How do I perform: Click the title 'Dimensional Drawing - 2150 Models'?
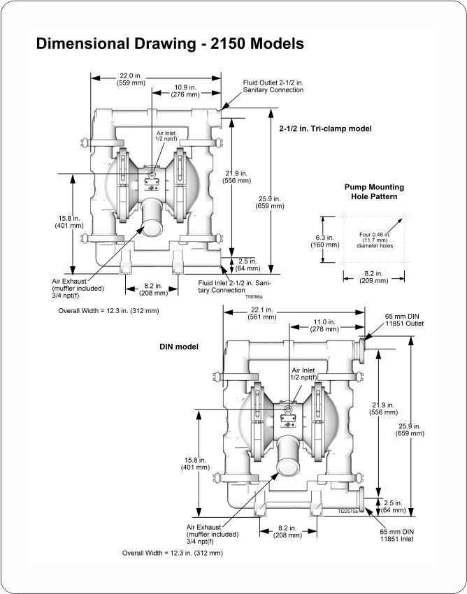tap(170, 44)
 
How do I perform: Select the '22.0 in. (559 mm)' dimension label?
tap(131, 79)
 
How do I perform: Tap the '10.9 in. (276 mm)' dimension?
tap(185, 91)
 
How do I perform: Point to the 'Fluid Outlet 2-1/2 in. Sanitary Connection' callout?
tap(273, 87)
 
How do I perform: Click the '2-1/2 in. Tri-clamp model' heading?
tap(326, 129)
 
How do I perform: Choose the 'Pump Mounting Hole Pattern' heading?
tap(374, 191)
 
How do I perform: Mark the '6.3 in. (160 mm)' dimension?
tap(325, 241)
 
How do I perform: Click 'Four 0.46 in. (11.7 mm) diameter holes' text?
tap(375, 240)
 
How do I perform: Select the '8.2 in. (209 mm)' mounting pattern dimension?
tap(374, 277)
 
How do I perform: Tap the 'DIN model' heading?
tap(179, 347)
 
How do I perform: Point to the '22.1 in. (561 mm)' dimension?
tap(262, 314)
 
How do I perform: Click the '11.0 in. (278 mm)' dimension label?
tap(324, 326)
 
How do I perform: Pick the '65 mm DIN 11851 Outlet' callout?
tap(405, 320)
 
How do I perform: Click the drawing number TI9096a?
tap(254, 297)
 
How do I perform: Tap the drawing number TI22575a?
tap(348, 511)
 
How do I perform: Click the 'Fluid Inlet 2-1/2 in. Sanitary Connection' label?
tap(234, 287)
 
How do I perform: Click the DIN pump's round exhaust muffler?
tap(288, 467)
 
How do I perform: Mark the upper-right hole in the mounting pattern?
tap(405, 217)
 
